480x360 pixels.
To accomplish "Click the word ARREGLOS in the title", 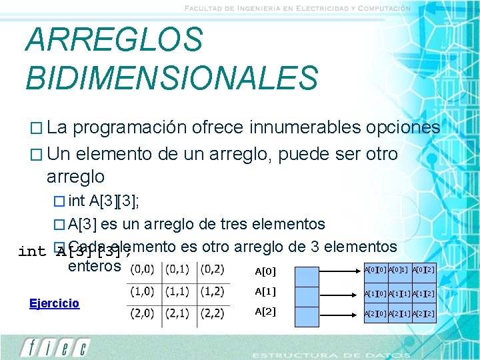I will pos(114,39).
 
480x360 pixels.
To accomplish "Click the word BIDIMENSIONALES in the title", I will pos(172,77).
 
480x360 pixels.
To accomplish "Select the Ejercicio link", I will pos(54,303).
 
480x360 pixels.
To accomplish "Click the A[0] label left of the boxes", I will pos(266,271).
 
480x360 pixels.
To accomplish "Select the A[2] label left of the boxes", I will pos(266,311).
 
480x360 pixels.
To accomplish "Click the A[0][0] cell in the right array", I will pos(375,270).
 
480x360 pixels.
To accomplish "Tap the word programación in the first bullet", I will pos(138,127).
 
